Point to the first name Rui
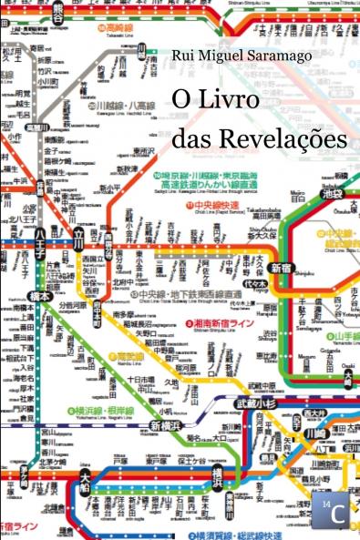[x=185, y=56]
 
